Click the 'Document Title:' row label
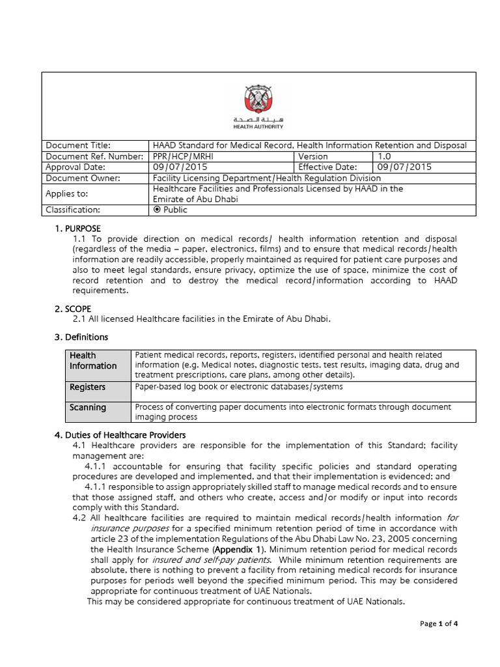(77, 145)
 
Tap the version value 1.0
(384, 156)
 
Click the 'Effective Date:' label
(328, 167)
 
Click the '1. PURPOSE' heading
(77, 229)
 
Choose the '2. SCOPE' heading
(73, 308)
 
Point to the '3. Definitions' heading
(81, 337)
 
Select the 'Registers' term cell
(88, 387)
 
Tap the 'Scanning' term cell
(88, 407)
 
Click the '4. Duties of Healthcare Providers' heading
(120, 434)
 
